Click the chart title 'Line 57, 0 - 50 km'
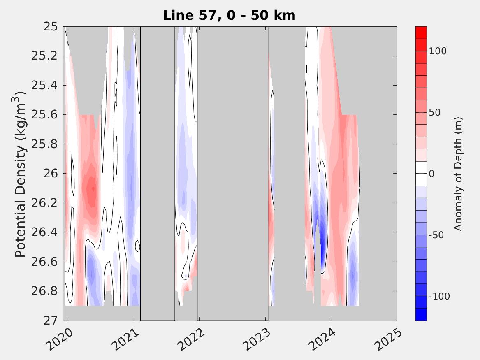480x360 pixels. [x=229, y=16]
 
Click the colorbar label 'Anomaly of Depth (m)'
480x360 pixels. [x=458, y=174]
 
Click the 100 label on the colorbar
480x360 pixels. [x=438, y=51]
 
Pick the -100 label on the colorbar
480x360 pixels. [x=439, y=296]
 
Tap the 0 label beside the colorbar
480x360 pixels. [x=432, y=174]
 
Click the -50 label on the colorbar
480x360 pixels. [x=437, y=235]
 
